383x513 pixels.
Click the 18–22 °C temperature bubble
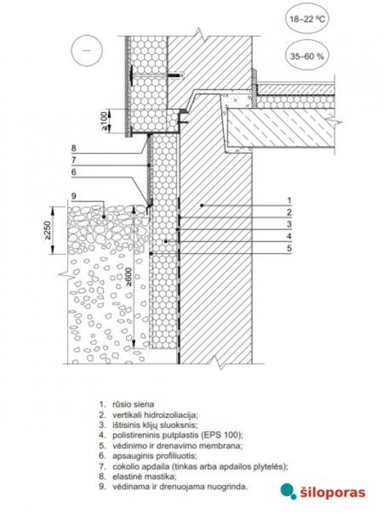point(307,19)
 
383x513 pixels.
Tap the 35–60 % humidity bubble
point(307,56)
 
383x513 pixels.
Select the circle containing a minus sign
point(87,51)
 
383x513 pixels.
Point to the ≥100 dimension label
point(104,121)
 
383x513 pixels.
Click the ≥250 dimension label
point(47,230)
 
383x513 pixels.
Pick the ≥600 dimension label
point(129,277)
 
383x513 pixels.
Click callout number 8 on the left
point(74,148)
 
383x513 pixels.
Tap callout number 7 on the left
point(74,160)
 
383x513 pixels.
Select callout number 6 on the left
point(74,172)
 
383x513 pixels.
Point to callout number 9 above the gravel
point(74,196)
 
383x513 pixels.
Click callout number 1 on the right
point(289,200)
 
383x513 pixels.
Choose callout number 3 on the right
point(289,224)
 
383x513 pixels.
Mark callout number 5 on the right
point(289,249)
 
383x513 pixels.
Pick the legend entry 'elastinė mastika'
point(138,476)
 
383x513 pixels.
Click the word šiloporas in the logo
point(332,492)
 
